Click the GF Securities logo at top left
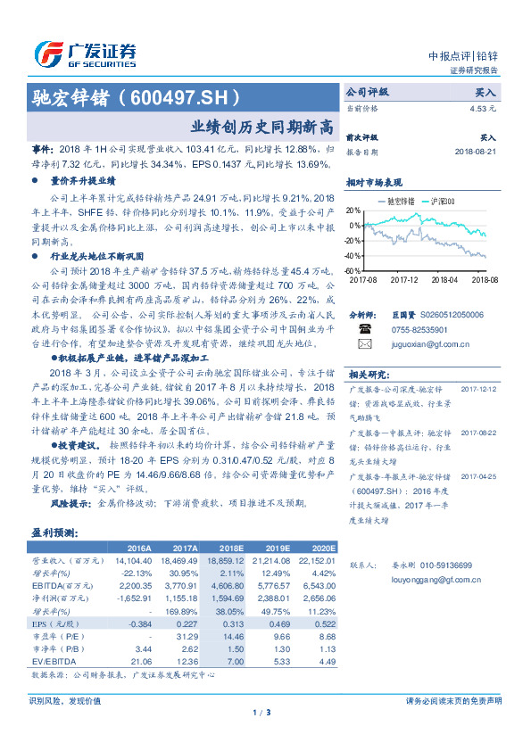85,54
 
